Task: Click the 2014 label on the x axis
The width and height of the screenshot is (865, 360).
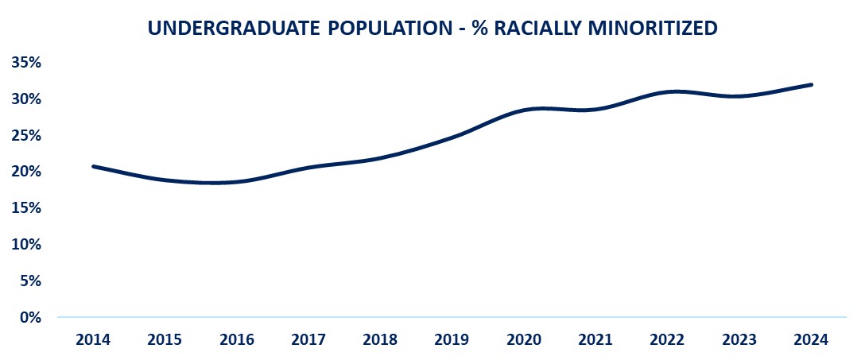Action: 94,340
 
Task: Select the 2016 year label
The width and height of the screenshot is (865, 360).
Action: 237,340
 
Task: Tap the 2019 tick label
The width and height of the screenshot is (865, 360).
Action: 452,340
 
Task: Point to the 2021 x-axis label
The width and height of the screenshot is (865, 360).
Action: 595,340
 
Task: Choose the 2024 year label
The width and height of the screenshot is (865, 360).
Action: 810,340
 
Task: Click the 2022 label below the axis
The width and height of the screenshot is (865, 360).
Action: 667,340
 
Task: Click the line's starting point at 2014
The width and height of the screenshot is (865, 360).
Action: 94,166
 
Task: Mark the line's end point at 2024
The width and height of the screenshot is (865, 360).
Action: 810,84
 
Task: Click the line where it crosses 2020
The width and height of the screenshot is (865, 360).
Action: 524,110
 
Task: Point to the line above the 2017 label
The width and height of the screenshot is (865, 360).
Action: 308,167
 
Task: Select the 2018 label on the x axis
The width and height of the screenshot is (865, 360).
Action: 380,340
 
